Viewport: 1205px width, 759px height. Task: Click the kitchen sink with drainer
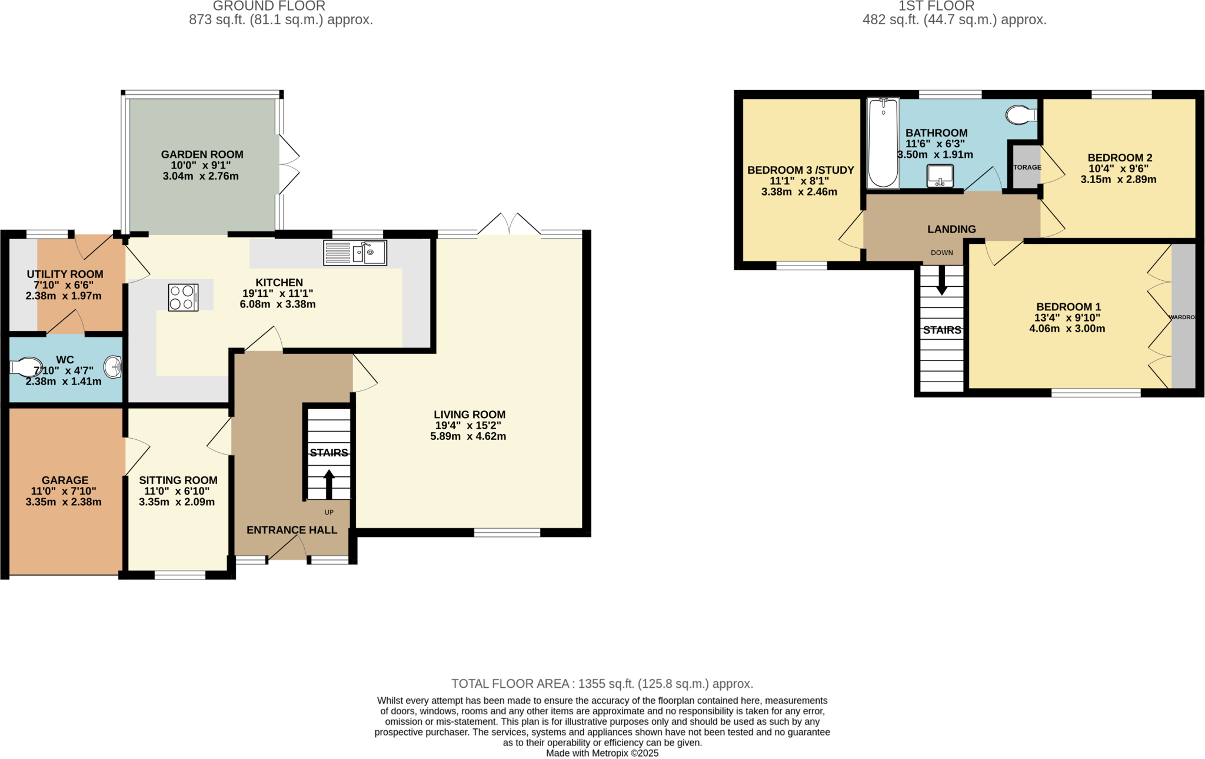(x=355, y=253)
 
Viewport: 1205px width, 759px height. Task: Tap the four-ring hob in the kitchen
(x=183, y=297)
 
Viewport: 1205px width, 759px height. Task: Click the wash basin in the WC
(x=113, y=367)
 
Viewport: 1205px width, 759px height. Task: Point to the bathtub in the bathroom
(x=883, y=143)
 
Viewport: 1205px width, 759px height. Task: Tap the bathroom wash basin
(x=940, y=176)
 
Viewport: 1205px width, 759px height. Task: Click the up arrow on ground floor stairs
(x=329, y=484)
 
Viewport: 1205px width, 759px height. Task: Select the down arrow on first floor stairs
(x=941, y=281)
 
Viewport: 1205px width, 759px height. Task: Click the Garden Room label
(x=202, y=154)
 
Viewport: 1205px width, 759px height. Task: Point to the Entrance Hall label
(x=292, y=530)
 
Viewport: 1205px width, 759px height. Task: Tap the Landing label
(x=951, y=229)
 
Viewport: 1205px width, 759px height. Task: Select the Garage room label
(x=65, y=480)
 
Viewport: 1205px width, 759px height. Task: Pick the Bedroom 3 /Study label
(x=800, y=170)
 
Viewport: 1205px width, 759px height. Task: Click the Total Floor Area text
(x=602, y=684)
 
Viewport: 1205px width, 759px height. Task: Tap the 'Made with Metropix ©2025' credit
(x=602, y=753)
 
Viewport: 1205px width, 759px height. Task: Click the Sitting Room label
(x=178, y=480)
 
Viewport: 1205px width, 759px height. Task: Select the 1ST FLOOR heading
(x=936, y=6)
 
